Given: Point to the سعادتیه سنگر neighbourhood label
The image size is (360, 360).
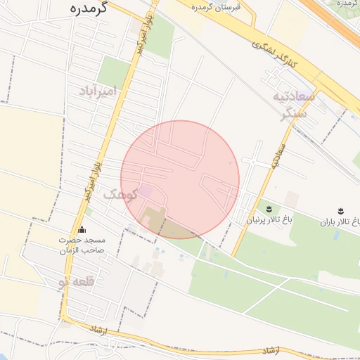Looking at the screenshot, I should coord(290,104).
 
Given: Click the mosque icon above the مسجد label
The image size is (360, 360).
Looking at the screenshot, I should coord(82,229).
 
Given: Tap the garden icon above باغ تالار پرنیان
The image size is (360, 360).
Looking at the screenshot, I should coord(269,209).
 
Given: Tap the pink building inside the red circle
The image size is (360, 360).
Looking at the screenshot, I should coord(145,191).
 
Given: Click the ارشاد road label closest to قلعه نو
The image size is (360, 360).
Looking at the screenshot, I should coord(97,330).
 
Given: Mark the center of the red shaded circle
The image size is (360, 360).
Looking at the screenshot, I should coord(180,179).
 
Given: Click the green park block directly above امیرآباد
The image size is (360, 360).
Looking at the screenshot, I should coord(114,70).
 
